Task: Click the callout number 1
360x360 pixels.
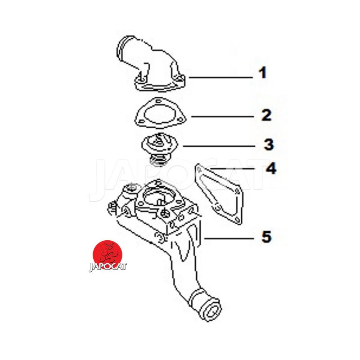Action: [263, 73]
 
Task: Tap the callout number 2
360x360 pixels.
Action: [266, 115]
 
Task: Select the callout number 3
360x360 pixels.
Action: [269, 144]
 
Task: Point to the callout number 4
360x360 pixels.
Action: [271, 168]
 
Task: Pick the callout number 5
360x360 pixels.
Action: [266, 237]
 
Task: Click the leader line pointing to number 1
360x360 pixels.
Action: [220, 77]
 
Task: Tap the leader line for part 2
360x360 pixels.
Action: [222, 117]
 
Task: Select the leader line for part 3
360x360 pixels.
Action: [219, 146]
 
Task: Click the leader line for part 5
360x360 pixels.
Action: [229, 239]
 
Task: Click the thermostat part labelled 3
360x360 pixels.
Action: [156, 149]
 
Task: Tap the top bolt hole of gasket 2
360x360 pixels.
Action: [157, 101]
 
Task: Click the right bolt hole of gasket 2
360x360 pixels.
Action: [181, 119]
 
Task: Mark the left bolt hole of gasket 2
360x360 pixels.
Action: [139, 119]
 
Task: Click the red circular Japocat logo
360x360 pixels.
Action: [107, 254]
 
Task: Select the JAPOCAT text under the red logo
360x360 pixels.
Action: [108, 267]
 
